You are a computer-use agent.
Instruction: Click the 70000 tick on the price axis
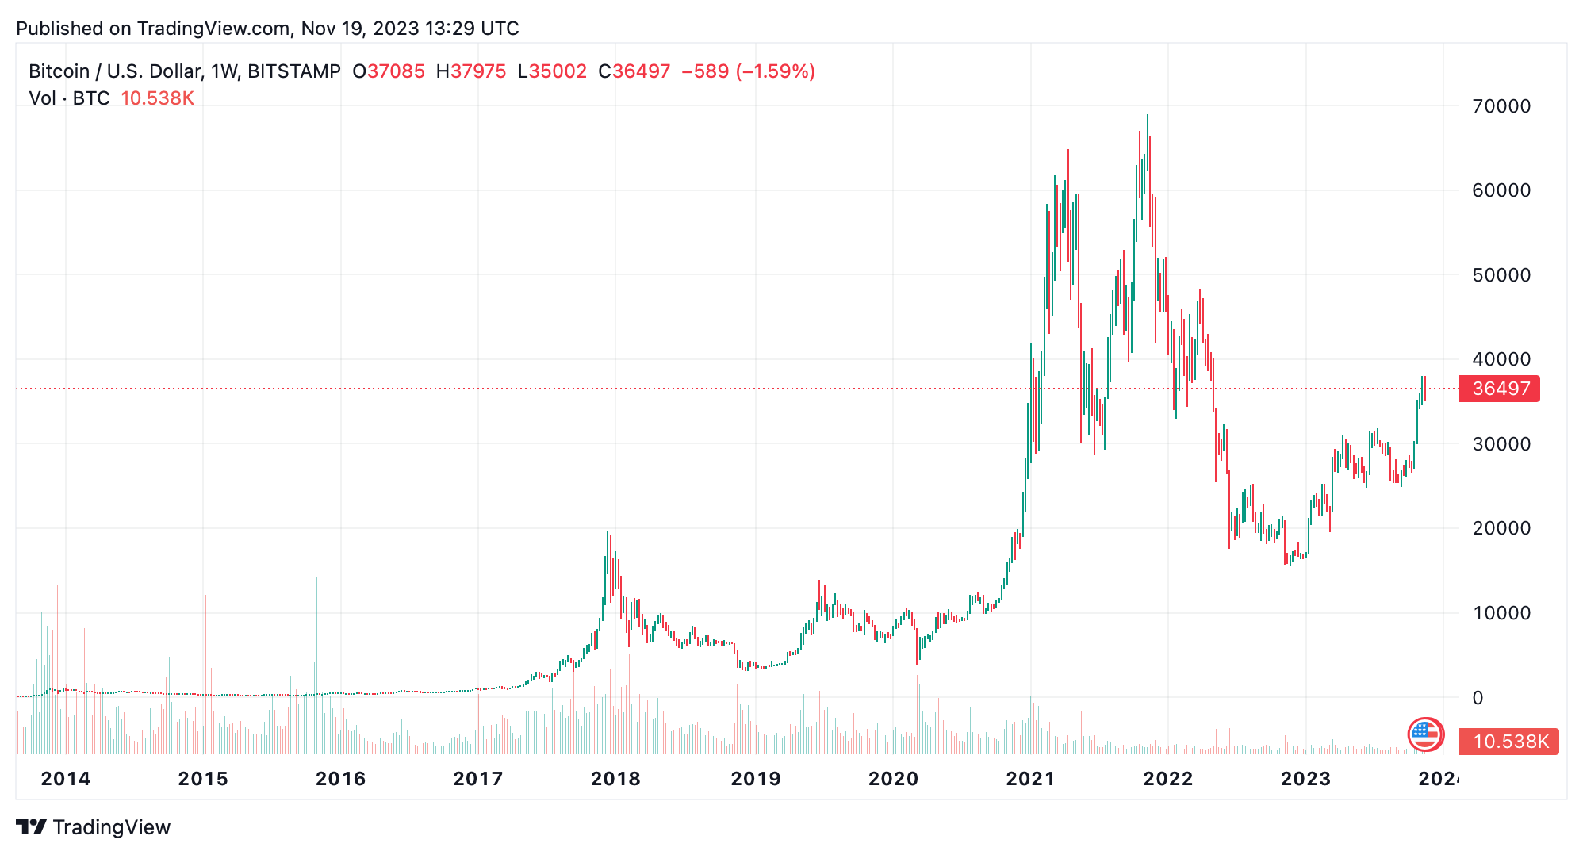point(1501,106)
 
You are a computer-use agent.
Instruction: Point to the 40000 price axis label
point(1501,359)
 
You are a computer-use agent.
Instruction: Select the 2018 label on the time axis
point(615,779)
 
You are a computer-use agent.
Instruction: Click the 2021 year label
point(1030,779)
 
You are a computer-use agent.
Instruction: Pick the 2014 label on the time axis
point(66,779)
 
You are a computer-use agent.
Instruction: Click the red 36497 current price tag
point(1500,389)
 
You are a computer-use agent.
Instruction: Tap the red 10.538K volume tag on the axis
point(1509,742)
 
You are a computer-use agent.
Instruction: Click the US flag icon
point(1424,734)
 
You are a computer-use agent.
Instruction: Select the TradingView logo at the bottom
point(94,827)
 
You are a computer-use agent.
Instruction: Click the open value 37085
point(396,71)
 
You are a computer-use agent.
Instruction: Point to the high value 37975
point(478,71)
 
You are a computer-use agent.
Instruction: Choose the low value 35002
point(558,71)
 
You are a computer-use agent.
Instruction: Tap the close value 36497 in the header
point(641,71)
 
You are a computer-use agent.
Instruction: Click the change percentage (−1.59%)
point(775,71)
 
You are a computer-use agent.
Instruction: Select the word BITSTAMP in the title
point(293,71)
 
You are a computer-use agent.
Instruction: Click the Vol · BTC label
point(69,98)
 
